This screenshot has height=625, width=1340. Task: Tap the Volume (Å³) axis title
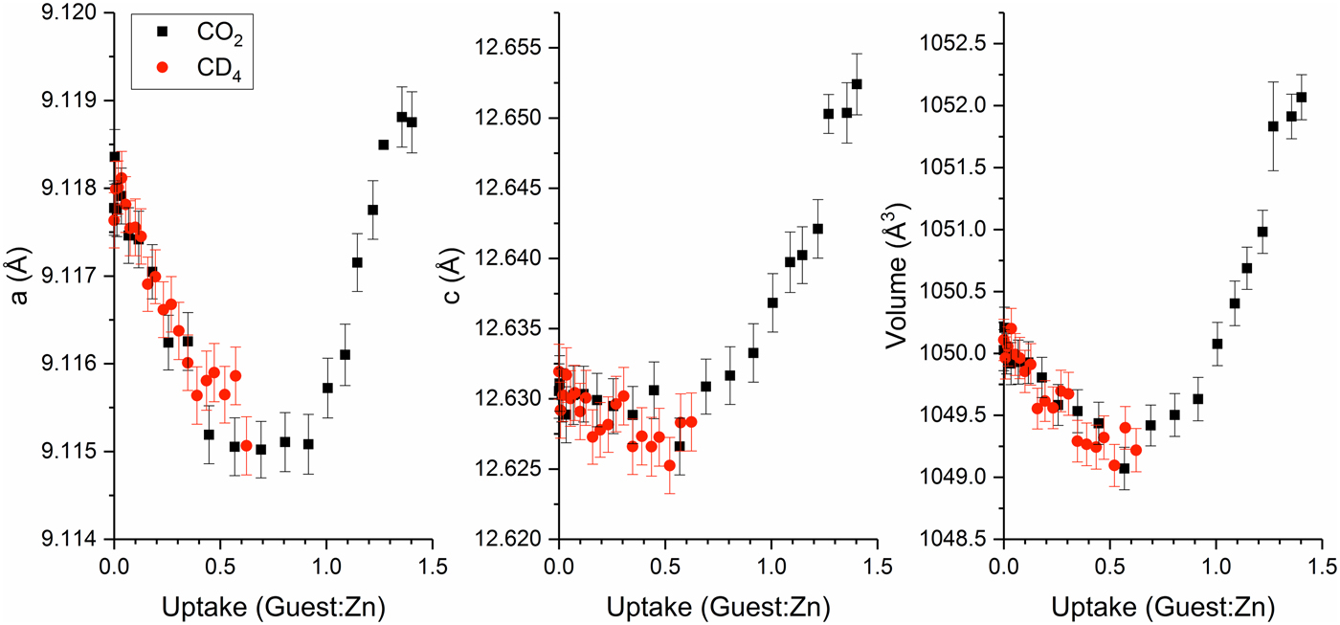[897, 276]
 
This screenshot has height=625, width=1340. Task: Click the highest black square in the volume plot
[1301, 97]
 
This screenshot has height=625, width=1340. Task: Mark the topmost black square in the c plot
[857, 84]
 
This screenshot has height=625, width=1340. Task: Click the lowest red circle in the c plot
[670, 466]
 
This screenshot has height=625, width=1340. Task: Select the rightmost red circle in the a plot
[246, 446]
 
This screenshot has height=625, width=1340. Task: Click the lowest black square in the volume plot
[1124, 468]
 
